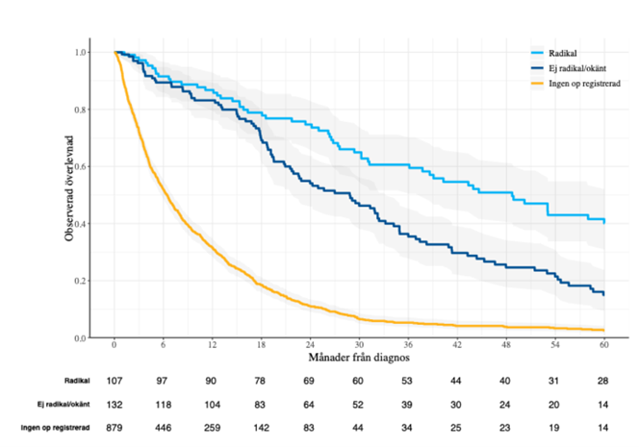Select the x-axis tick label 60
[603, 346]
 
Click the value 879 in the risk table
[115, 425]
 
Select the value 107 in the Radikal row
[115, 383]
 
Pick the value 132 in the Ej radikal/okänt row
[115, 404]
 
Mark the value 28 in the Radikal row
[603, 383]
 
